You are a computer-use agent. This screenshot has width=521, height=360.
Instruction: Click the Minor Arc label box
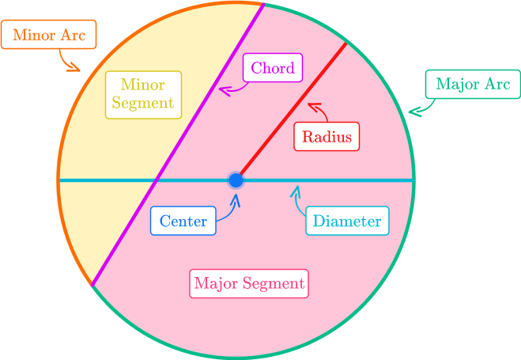[49, 36]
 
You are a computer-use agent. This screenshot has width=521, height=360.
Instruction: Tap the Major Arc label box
[473, 84]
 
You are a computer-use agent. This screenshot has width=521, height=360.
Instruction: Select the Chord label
[272, 68]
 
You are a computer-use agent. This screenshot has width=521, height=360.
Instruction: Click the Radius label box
[327, 136]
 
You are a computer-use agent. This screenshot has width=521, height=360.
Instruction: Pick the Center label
[183, 221]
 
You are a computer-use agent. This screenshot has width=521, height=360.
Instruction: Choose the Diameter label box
[347, 221]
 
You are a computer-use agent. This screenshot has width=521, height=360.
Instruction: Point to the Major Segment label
[249, 282]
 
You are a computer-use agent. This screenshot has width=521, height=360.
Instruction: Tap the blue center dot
[236, 180]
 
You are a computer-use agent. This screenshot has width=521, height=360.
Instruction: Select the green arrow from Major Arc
[417, 106]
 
